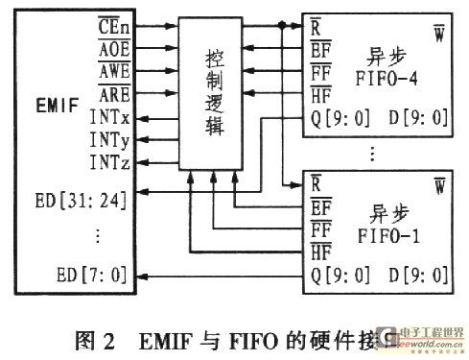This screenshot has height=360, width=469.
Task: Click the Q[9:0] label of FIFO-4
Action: (x=340, y=119)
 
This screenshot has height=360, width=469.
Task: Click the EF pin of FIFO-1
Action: (x=322, y=204)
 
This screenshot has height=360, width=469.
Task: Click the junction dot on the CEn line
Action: (x=280, y=25)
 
